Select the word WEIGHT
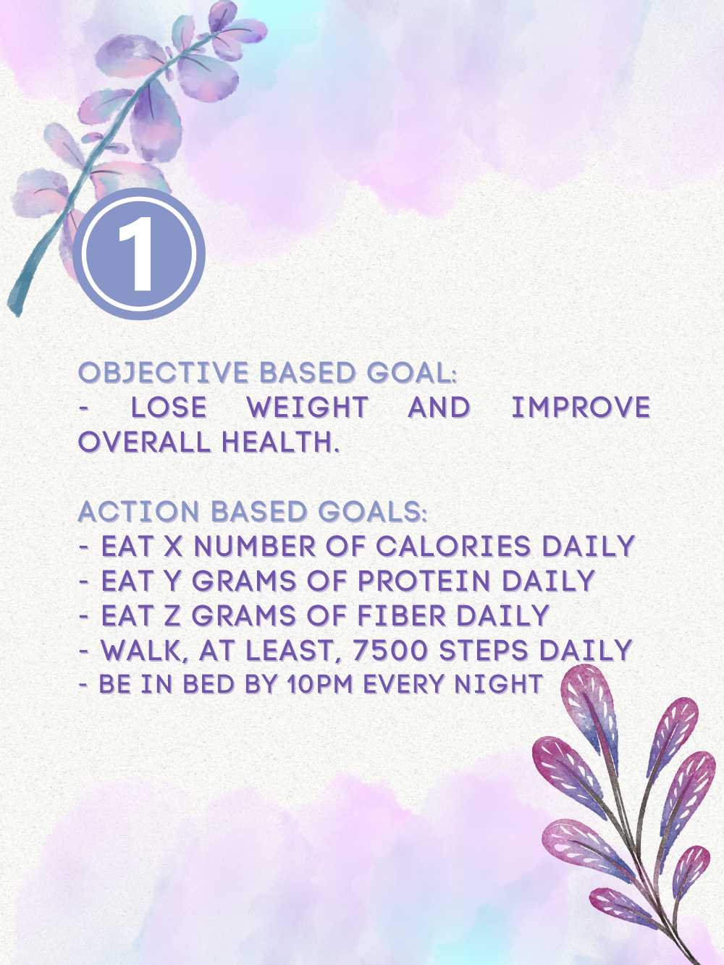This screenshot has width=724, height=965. tap(308, 407)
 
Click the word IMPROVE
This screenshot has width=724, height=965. tap(581, 407)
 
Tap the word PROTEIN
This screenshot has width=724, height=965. tap(424, 581)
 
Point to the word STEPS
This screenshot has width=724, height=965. tap(484, 650)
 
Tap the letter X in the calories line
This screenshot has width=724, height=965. tap(173, 547)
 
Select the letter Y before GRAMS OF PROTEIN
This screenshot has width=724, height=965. tap(173, 581)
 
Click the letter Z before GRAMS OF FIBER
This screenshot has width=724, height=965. tap(173, 615)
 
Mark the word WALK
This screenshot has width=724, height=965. tap(146, 651)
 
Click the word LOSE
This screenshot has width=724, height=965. tap(169, 407)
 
